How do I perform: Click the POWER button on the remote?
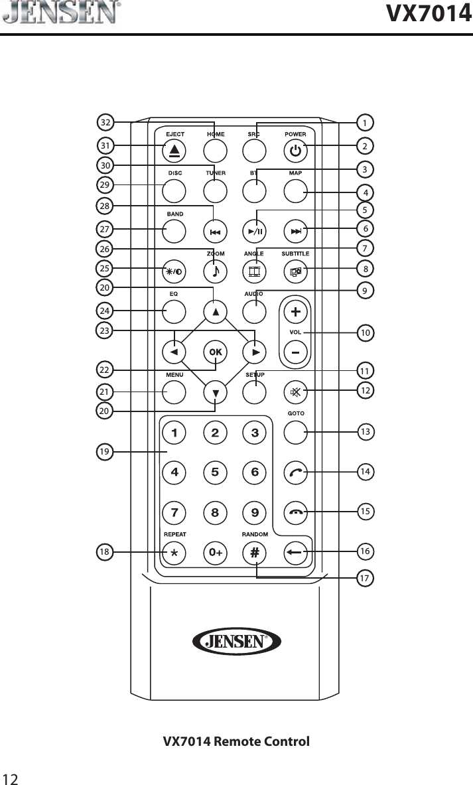(296, 152)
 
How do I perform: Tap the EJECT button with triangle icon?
(174, 152)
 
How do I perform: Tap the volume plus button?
(296, 311)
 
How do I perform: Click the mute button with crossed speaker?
(296, 392)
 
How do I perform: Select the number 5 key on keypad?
(215, 472)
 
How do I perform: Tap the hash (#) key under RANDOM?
(255, 552)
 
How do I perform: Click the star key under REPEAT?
(174, 552)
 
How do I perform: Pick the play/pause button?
(255, 232)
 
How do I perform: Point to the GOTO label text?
(296, 413)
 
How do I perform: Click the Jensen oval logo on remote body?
(237, 641)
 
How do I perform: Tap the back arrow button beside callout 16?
(296, 552)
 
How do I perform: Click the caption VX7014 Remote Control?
(237, 741)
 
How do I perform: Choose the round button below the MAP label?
(296, 192)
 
